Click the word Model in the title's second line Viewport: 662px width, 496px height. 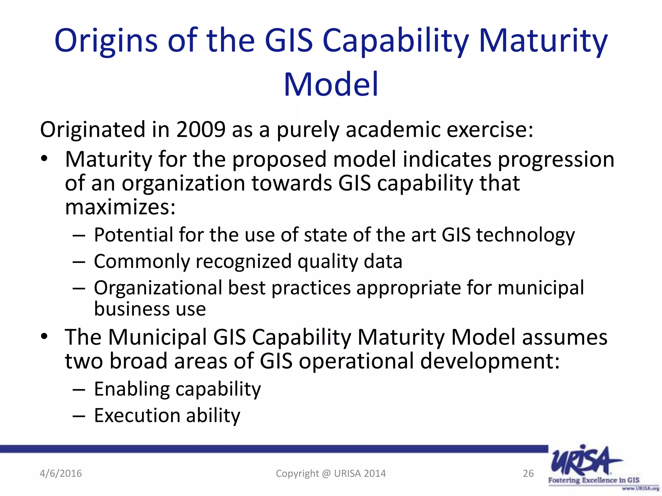coord(331,85)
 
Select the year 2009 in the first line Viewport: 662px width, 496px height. coord(201,130)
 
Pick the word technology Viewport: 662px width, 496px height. coord(525,235)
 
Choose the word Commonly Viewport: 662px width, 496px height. coord(142,262)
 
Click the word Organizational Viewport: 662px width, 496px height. coord(158,288)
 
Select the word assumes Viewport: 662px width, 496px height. coord(564,337)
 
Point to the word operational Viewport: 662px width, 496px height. coord(356,361)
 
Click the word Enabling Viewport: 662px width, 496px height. coord(132,389)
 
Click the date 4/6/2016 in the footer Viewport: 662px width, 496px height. coord(61,473)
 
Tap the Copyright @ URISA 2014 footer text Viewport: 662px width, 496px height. coord(331,473)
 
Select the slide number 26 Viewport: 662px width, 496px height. coord(528,473)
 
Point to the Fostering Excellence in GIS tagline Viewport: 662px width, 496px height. coord(593,480)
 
